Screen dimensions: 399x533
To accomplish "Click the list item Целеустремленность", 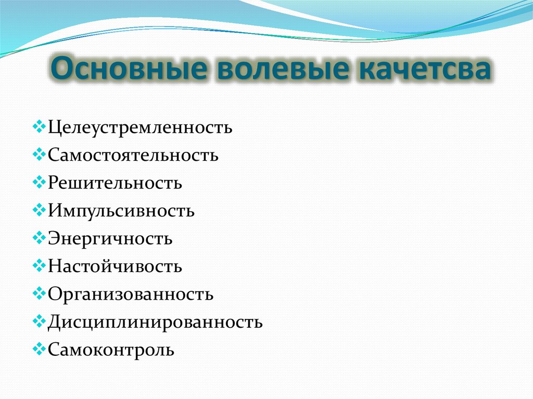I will coord(140,127).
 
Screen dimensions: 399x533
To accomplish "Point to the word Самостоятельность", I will coord(133,155).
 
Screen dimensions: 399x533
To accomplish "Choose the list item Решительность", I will coord(115,183).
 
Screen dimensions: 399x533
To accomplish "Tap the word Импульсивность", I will coord(121,211).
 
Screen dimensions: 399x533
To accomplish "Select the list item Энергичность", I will coord(110,239).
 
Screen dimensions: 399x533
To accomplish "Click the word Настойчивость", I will coord(115,267).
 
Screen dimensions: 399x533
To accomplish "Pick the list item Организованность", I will coord(131,294).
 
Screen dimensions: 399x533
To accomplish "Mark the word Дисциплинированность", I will coord(155,322).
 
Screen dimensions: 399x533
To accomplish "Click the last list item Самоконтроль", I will coord(111,350).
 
